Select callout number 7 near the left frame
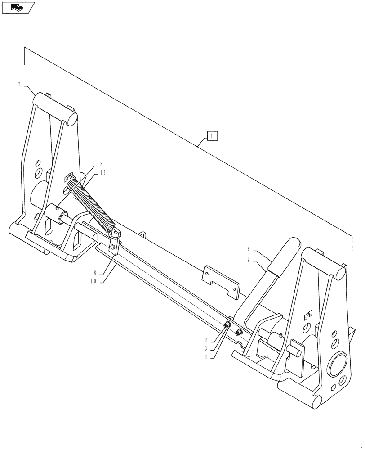tap(19, 84)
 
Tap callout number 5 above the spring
tap(101, 165)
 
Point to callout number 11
tap(103, 172)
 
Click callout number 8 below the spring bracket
tap(95, 272)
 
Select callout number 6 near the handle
tap(248, 248)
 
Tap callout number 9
tap(248, 260)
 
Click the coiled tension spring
tap(94, 202)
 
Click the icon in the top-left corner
tap(18, 7)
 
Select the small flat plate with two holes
tap(221, 282)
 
